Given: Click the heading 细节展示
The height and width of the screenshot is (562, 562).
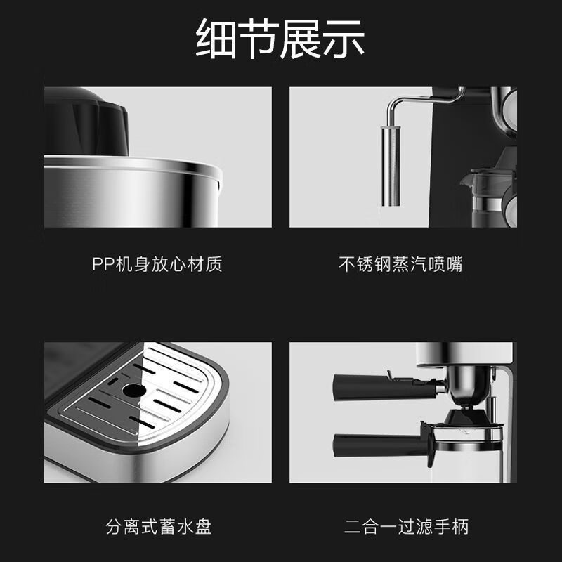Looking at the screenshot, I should tap(280, 39).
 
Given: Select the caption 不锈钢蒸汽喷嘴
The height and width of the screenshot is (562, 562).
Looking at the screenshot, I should tap(400, 265).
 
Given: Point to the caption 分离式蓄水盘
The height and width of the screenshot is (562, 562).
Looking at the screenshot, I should tap(159, 526).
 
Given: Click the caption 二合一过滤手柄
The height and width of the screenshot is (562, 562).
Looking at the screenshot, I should tap(407, 526).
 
